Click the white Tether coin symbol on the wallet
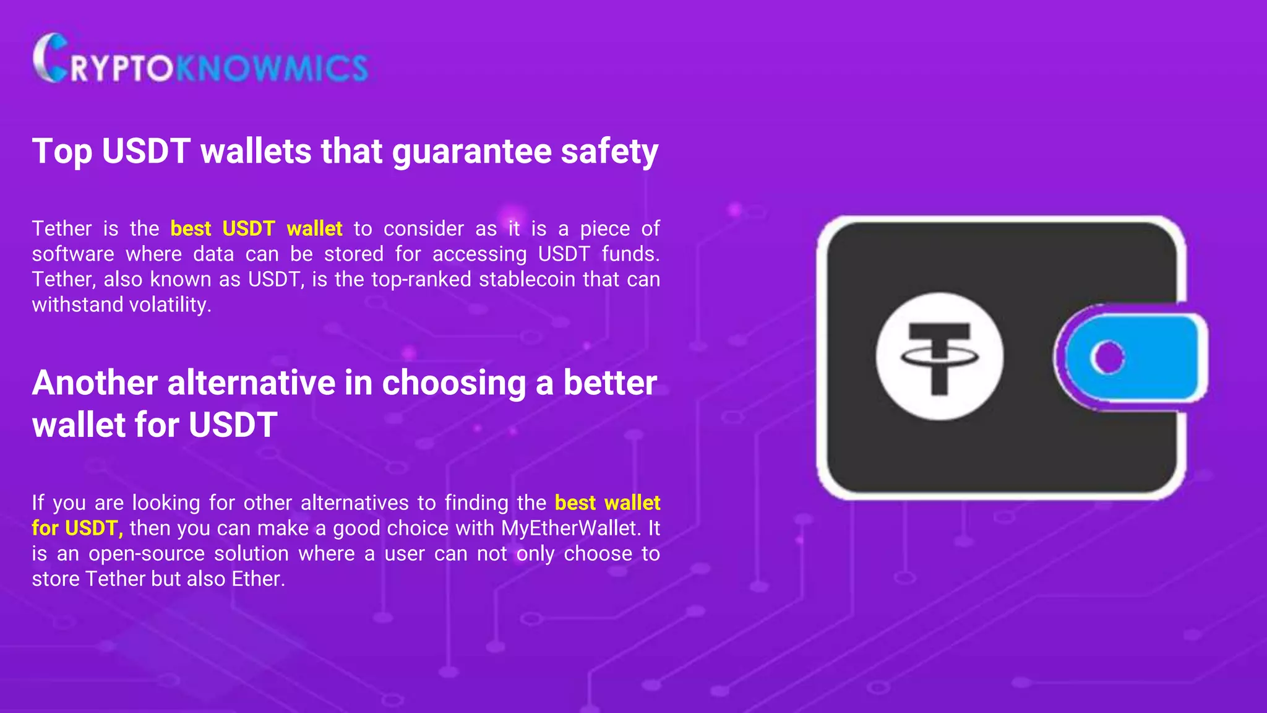(939, 356)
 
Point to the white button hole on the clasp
(1107, 357)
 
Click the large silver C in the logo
(49, 58)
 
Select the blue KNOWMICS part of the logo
(272, 67)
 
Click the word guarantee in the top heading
(471, 152)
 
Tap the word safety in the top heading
(609, 152)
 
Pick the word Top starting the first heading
(62, 152)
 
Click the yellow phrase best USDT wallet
(256, 229)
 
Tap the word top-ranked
(421, 280)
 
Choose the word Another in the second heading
(95, 383)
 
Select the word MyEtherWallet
(569, 529)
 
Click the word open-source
(147, 554)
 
